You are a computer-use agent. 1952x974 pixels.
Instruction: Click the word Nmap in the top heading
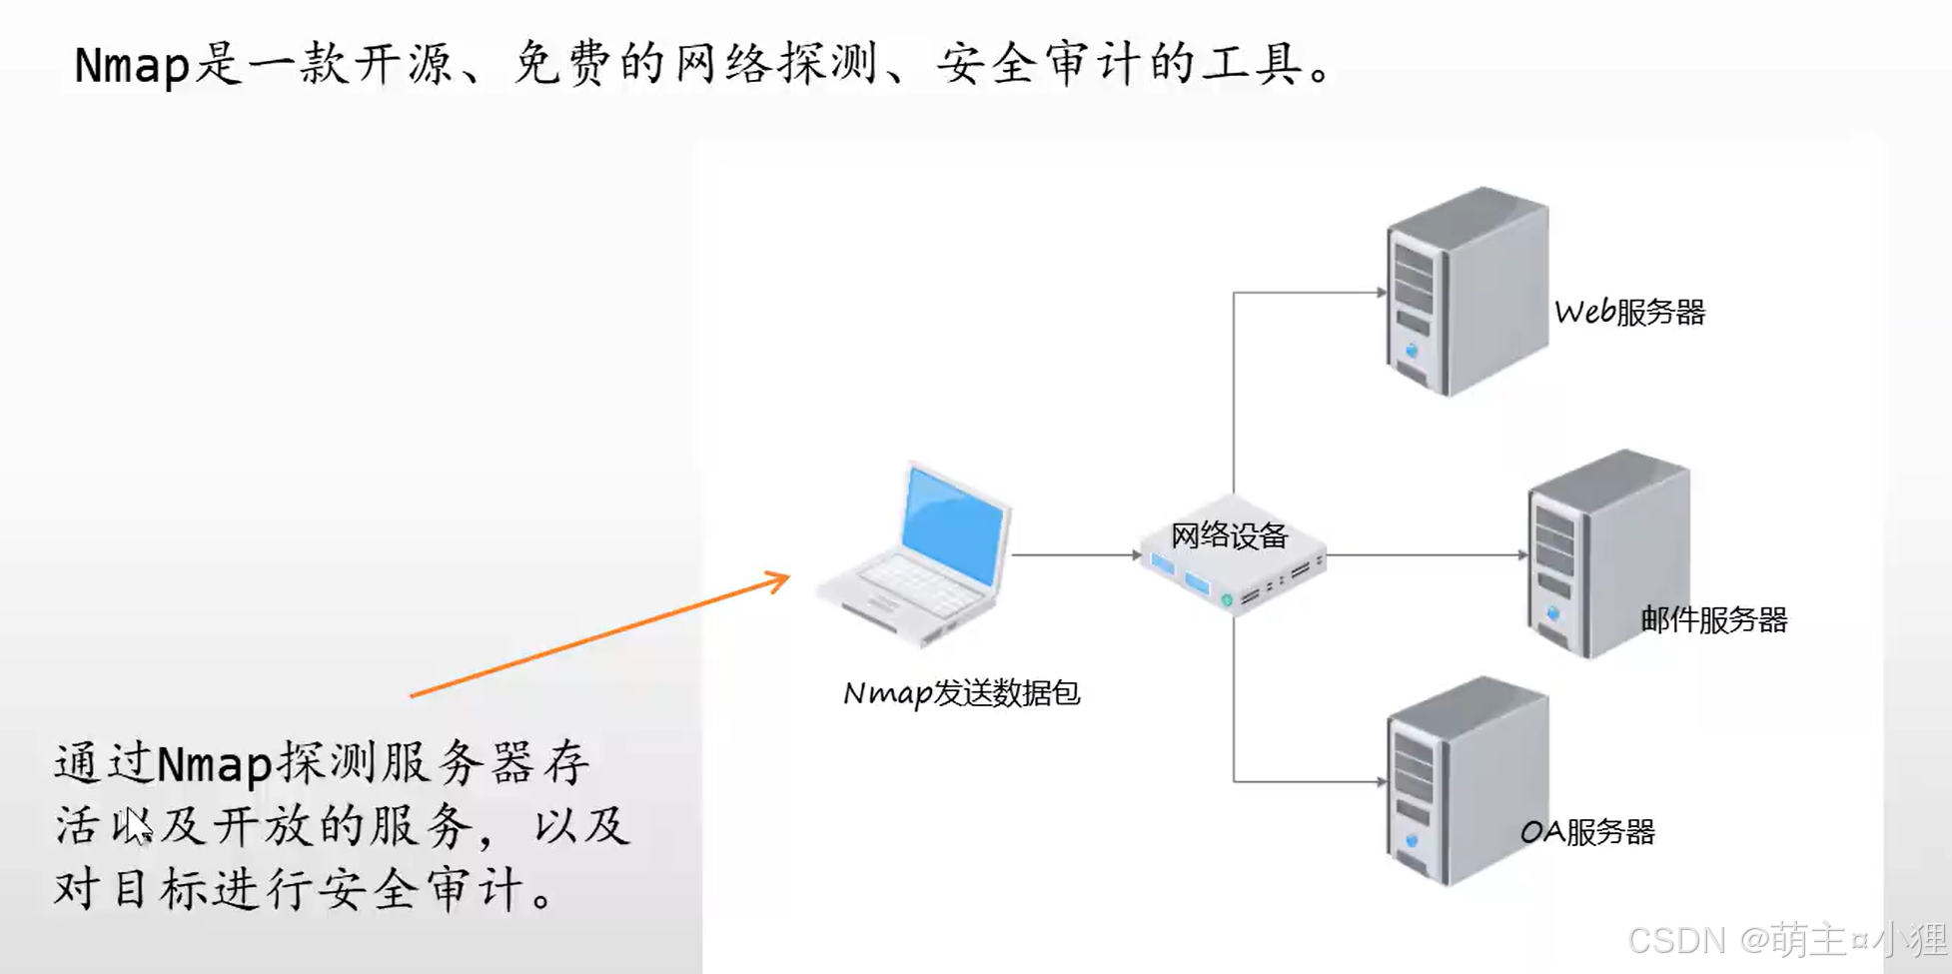pos(131,66)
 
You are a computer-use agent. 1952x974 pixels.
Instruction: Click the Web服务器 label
pos(1629,313)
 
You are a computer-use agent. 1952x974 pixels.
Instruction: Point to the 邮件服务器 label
pos(1713,620)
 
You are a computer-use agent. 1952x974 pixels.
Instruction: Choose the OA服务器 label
pos(1587,832)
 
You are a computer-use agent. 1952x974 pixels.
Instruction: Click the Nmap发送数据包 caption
pos(961,693)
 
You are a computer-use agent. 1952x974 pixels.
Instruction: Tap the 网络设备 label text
pos(1229,536)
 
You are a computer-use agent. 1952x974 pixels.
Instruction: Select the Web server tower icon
pos(1466,292)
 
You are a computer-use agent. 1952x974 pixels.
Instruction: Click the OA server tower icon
pos(1466,781)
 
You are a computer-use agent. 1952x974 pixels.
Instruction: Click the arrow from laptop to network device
pos(1075,554)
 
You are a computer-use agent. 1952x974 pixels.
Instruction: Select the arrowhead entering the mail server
pos(1522,554)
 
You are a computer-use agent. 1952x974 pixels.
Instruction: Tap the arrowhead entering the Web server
pos(1382,293)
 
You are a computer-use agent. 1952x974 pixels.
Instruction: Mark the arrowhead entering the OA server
pos(1382,781)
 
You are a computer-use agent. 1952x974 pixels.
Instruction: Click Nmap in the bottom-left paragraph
pos(215,764)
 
